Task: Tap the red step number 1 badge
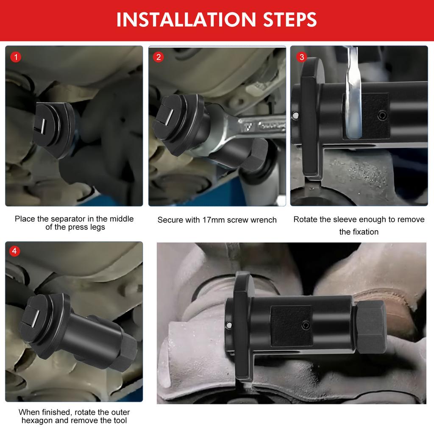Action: pos(15,57)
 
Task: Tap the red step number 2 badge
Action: pos(159,57)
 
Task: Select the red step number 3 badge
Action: pos(301,57)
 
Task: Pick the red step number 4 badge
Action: pos(15,251)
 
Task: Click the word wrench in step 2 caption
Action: pos(264,220)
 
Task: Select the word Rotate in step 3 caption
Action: pos(305,220)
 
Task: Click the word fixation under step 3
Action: pos(364,232)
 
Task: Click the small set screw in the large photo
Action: pos(305,325)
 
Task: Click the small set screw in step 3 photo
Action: pos(382,114)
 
